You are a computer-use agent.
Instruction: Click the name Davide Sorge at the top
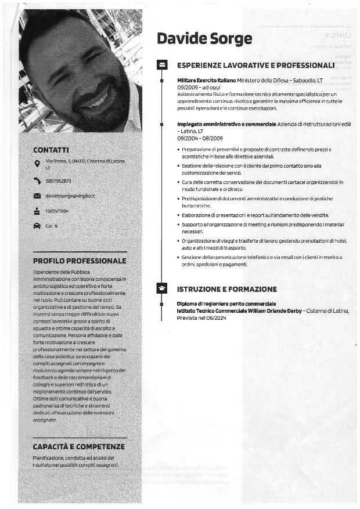point(204,39)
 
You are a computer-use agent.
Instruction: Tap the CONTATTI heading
point(51,150)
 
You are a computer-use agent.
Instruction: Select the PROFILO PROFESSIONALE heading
point(80,261)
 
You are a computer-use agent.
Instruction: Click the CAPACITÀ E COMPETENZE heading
point(78,446)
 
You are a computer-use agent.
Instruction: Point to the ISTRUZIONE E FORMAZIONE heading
point(226,289)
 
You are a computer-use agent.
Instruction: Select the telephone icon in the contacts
point(37,181)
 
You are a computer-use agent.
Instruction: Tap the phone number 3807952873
point(58,181)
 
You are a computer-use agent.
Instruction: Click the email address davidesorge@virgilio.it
point(70,196)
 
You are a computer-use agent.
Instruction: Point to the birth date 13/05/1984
point(57,211)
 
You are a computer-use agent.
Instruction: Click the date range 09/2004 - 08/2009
point(200,138)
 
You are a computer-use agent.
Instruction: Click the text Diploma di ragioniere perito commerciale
point(226,304)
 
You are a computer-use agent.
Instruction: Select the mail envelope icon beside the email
point(37,196)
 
